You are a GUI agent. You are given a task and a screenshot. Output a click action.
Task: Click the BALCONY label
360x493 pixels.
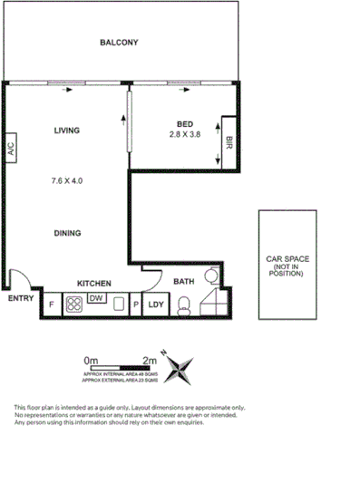point(119,43)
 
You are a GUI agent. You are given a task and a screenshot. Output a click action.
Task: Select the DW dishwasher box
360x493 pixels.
point(97,297)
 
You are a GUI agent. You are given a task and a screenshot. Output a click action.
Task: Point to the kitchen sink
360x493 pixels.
point(118,305)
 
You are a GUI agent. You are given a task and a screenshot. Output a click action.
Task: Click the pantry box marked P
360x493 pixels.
point(135,305)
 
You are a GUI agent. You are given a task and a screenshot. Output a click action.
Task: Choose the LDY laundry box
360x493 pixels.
point(155,305)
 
